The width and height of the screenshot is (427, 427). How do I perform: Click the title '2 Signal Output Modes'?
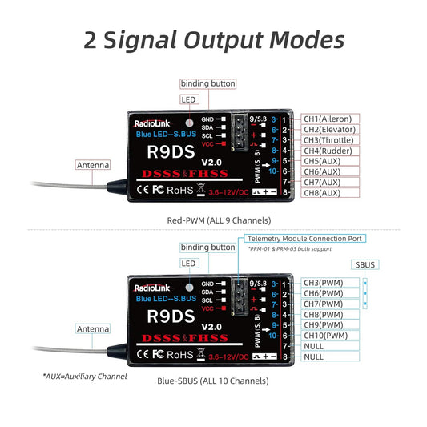coord(213,40)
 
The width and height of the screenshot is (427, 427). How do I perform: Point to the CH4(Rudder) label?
coord(327,151)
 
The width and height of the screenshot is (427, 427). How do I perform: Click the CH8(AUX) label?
coord(321,193)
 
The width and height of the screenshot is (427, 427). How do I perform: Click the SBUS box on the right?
coord(365,264)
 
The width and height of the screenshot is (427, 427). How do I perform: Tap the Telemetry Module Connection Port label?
coord(305,239)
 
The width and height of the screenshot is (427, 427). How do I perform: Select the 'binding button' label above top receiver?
coord(207,84)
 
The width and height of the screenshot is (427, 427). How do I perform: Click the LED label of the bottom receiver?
coord(188,263)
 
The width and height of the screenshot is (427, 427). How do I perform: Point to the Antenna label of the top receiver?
coord(92,165)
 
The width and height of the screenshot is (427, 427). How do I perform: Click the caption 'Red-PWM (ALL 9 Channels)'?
coord(213,220)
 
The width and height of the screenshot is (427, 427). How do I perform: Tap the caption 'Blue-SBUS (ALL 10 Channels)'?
coord(213,381)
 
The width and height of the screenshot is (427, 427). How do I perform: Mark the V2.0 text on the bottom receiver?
coord(211,326)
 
